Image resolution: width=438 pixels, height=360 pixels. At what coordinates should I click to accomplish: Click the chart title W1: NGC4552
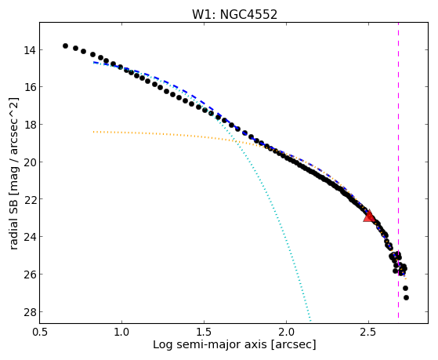234,15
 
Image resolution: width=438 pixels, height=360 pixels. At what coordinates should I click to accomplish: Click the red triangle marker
369,216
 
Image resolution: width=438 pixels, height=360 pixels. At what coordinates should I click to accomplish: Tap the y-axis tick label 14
29,50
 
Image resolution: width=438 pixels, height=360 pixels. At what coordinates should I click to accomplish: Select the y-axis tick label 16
29,87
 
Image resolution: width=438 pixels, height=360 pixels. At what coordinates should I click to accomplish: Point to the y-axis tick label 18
29,125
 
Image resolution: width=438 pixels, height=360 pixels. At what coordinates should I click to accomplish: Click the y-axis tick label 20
29,162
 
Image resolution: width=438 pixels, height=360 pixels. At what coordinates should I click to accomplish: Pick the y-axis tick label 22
29,199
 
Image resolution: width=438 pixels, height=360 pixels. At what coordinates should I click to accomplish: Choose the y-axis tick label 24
29,237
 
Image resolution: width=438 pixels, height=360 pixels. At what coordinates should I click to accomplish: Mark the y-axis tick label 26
29,275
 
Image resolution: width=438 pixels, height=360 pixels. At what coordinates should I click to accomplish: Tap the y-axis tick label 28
29,312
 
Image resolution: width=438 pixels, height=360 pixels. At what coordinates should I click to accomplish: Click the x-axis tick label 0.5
39,332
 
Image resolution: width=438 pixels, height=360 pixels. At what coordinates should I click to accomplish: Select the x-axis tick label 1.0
121,332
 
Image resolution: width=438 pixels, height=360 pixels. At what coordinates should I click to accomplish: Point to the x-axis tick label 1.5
204,332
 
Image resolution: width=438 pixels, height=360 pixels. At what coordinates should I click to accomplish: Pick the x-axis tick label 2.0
286,332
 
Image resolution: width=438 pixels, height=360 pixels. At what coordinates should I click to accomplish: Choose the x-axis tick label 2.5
368,332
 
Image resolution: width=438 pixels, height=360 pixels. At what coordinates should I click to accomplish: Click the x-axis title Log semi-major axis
210,345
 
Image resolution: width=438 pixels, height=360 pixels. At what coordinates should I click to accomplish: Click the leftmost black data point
65,45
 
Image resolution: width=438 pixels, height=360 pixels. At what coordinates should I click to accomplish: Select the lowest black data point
406,297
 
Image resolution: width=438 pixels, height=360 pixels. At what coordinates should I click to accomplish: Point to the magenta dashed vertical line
398,170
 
